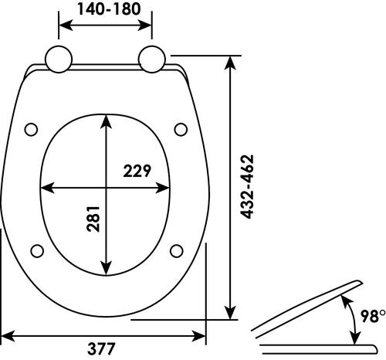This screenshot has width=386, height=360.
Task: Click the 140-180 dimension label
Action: [106, 9]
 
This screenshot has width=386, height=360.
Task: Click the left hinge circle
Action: [59, 59]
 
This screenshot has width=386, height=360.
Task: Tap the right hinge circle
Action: [152, 59]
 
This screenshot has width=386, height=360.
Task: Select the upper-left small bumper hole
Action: [32, 127]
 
